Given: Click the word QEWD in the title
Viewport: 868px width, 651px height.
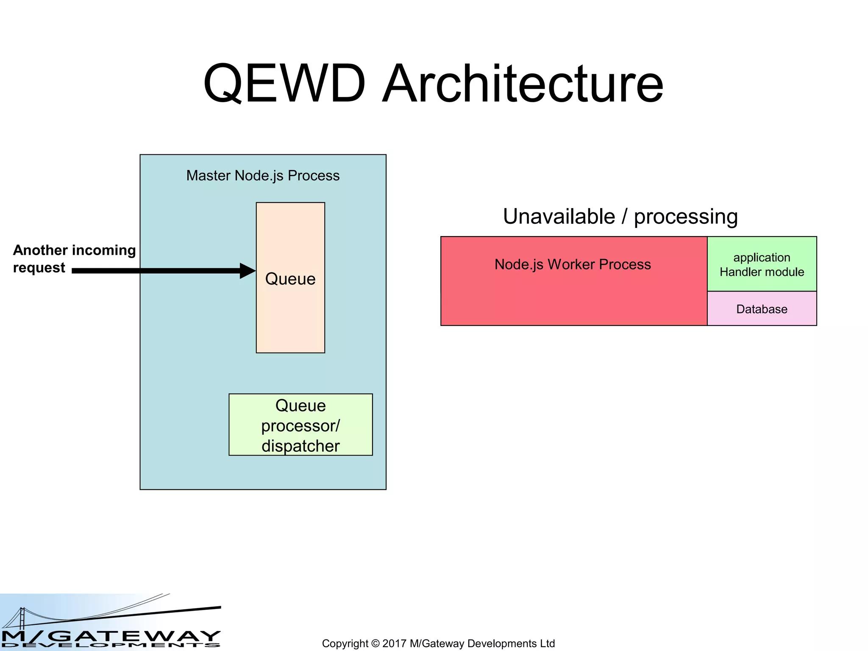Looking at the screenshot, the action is point(284,83).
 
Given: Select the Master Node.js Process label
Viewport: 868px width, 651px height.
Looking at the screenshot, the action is point(263,175).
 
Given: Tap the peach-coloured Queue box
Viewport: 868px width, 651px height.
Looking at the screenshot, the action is point(290,314).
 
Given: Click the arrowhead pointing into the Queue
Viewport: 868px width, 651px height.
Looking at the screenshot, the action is point(248,271).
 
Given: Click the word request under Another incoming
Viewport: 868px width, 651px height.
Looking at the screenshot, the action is point(39,268).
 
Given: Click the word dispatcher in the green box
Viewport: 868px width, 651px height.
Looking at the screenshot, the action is point(300,446).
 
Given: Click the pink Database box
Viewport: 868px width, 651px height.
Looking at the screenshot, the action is point(762,309).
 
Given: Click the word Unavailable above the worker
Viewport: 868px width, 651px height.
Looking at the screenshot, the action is point(559,217).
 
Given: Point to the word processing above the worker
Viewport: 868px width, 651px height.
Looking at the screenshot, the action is point(686,217).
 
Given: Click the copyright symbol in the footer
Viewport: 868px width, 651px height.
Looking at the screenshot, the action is point(375,643).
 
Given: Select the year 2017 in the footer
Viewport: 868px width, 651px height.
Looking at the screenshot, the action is point(394,643).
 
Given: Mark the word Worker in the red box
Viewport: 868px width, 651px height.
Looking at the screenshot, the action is point(572,264).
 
